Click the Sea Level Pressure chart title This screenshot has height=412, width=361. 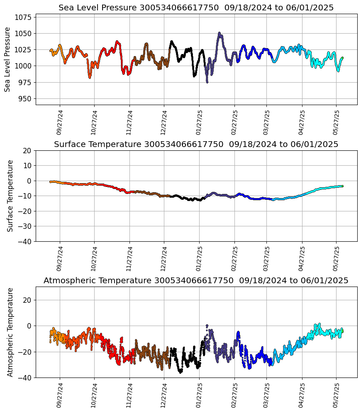(196, 8)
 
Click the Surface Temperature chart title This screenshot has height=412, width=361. (196, 145)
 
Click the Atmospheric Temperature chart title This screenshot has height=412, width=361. (196, 281)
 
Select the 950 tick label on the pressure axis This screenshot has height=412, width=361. (25, 98)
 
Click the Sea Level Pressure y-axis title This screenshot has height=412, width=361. (7, 59)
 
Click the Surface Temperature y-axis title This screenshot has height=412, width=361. (11, 196)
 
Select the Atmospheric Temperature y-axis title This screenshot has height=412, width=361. (11, 332)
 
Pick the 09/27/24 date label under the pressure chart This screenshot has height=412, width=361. (59, 123)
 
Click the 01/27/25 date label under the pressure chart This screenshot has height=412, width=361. (199, 123)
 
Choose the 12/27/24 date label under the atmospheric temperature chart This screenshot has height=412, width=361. (163, 395)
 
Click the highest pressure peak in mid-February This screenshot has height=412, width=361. (220, 33)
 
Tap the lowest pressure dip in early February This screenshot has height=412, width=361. (207, 82)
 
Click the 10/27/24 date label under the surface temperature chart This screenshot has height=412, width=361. (94, 259)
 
